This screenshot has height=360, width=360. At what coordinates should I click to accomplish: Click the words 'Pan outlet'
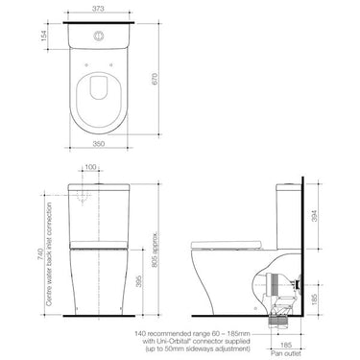pos(288,353)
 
